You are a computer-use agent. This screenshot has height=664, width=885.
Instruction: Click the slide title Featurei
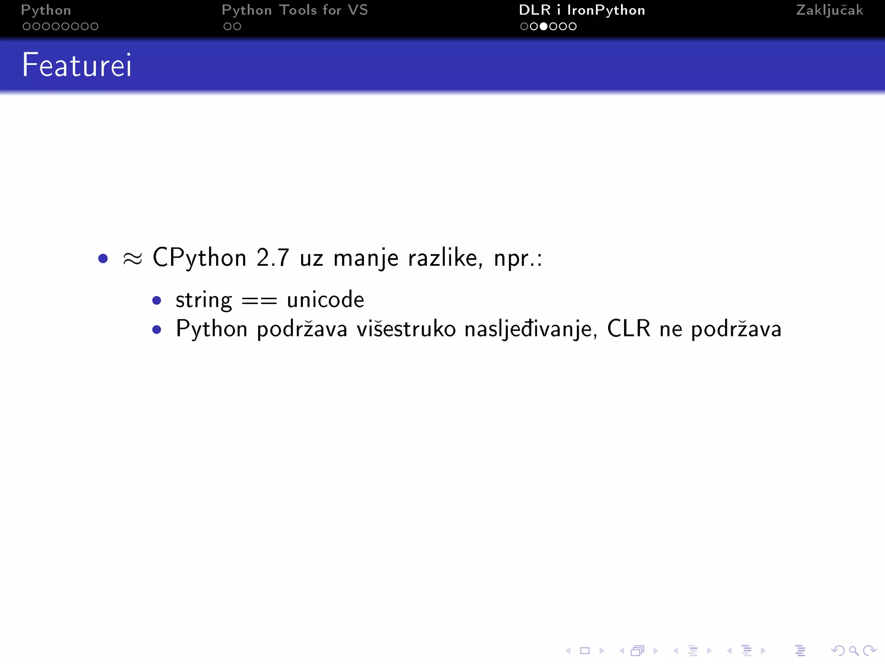pyautogui.click(x=77, y=65)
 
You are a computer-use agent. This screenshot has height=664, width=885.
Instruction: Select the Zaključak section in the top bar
pyautogui.click(x=829, y=10)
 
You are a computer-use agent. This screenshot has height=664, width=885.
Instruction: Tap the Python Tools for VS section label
pyautogui.click(x=295, y=10)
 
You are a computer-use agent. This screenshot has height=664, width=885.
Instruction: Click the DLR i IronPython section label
pyautogui.click(x=582, y=10)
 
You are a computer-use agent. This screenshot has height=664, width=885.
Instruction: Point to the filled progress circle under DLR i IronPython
pyautogui.click(x=544, y=26)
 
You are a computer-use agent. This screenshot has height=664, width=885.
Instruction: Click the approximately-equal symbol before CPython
pyautogui.click(x=132, y=259)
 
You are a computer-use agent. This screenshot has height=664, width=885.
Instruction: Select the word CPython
pyautogui.click(x=199, y=258)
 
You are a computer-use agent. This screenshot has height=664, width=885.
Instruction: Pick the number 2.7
pyautogui.click(x=272, y=258)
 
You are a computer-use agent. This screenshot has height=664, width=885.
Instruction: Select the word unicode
pyautogui.click(x=325, y=300)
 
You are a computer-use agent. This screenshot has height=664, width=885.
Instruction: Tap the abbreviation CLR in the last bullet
pyautogui.click(x=628, y=329)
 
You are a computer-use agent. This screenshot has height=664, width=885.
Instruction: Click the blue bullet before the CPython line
pyautogui.click(x=103, y=259)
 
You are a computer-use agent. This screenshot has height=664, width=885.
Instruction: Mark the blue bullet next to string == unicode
pyautogui.click(x=157, y=300)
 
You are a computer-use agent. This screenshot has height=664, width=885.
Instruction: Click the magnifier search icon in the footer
pyautogui.click(x=853, y=651)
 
